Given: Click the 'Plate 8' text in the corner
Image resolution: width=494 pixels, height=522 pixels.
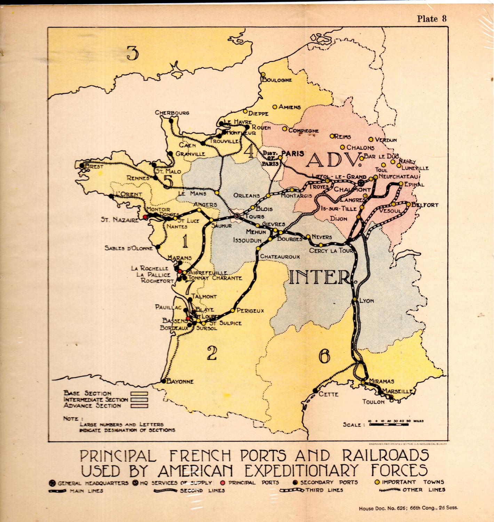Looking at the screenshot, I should coord(431,19).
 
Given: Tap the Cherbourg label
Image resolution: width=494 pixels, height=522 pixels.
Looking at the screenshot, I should coord(172,113).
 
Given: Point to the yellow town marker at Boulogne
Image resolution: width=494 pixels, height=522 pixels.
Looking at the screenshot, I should coord(263,74).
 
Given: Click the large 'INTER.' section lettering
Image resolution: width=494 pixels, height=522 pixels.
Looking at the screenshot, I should coord(320,277).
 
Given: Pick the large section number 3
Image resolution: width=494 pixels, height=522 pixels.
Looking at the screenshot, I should coord(133,53).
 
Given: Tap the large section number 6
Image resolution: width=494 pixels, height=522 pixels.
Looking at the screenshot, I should coord(324,356).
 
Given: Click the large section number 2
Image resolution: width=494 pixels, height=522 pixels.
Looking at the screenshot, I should coord(212,353).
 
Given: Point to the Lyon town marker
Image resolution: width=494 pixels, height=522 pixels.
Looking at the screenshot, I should coord(355,299).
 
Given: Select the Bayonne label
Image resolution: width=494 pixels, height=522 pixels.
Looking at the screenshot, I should coord(180,381).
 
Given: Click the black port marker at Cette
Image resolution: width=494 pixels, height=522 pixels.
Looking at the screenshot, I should coord(315,390).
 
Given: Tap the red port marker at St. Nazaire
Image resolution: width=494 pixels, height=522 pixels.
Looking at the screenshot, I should coord(145,216).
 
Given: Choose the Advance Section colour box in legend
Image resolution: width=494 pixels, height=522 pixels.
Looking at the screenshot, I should coord(139,406).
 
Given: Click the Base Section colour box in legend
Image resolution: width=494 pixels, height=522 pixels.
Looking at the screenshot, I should coord(139,394).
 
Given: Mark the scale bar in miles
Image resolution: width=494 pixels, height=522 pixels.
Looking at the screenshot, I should coord(389,425).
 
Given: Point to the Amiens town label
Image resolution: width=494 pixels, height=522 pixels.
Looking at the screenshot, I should coord(289,107).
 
